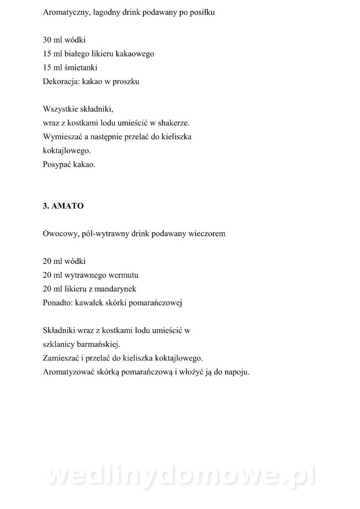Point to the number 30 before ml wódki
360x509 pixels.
tap(47, 40)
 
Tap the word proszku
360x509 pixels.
tap(125, 82)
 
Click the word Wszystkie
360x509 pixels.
tap(60, 109)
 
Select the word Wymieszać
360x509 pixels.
tap(62, 137)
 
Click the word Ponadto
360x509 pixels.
tap(57, 302)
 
